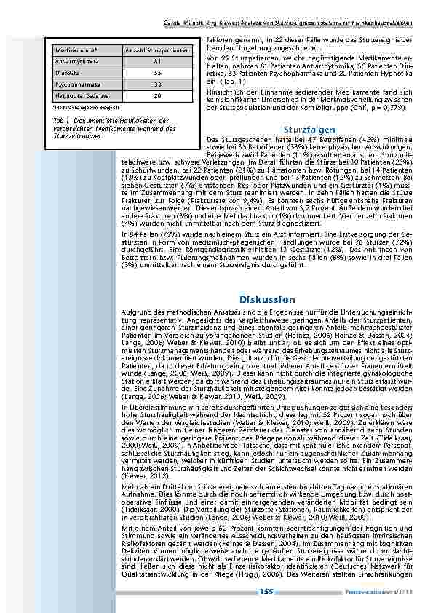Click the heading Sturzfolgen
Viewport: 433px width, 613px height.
(x=311, y=130)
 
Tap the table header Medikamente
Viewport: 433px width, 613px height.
(x=76, y=50)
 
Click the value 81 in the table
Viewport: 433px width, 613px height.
(x=158, y=61)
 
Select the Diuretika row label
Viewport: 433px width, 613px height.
(x=67, y=73)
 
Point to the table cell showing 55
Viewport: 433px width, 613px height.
(x=158, y=73)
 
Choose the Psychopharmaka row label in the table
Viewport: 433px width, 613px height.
(x=76, y=84)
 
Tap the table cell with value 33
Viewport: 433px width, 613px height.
(x=158, y=84)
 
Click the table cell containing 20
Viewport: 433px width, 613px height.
(x=158, y=95)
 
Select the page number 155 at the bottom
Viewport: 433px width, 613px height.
(x=266, y=592)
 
